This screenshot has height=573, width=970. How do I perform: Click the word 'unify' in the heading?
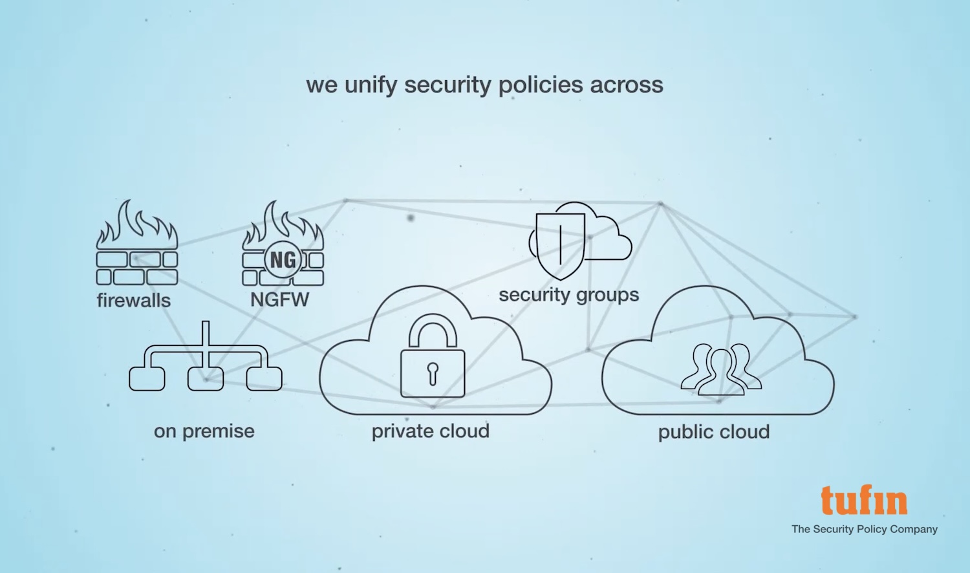(x=370, y=85)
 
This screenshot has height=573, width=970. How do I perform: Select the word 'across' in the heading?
(x=627, y=85)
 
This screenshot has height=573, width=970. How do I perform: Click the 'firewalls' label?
(x=134, y=300)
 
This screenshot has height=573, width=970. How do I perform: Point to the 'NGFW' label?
(x=279, y=299)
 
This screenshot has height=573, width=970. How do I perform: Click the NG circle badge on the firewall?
(x=282, y=260)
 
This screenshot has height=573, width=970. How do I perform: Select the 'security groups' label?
(x=568, y=295)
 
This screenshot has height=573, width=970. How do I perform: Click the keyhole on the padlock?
(x=433, y=373)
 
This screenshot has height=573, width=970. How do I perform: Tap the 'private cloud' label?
(x=430, y=431)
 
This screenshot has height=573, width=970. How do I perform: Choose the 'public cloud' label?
(x=714, y=432)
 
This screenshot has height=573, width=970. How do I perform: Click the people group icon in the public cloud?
(x=720, y=369)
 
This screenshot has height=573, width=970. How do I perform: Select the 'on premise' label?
(x=204, y=431)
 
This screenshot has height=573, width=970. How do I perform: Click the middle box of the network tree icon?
(x=206, y=378)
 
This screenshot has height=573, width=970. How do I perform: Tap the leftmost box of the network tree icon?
(x=147, y=378)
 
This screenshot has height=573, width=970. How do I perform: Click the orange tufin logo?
(x=864, y=500)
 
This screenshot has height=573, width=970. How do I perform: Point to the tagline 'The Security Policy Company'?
(x=864, y=529)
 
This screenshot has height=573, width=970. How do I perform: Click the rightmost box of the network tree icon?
(x=264, y=378)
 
